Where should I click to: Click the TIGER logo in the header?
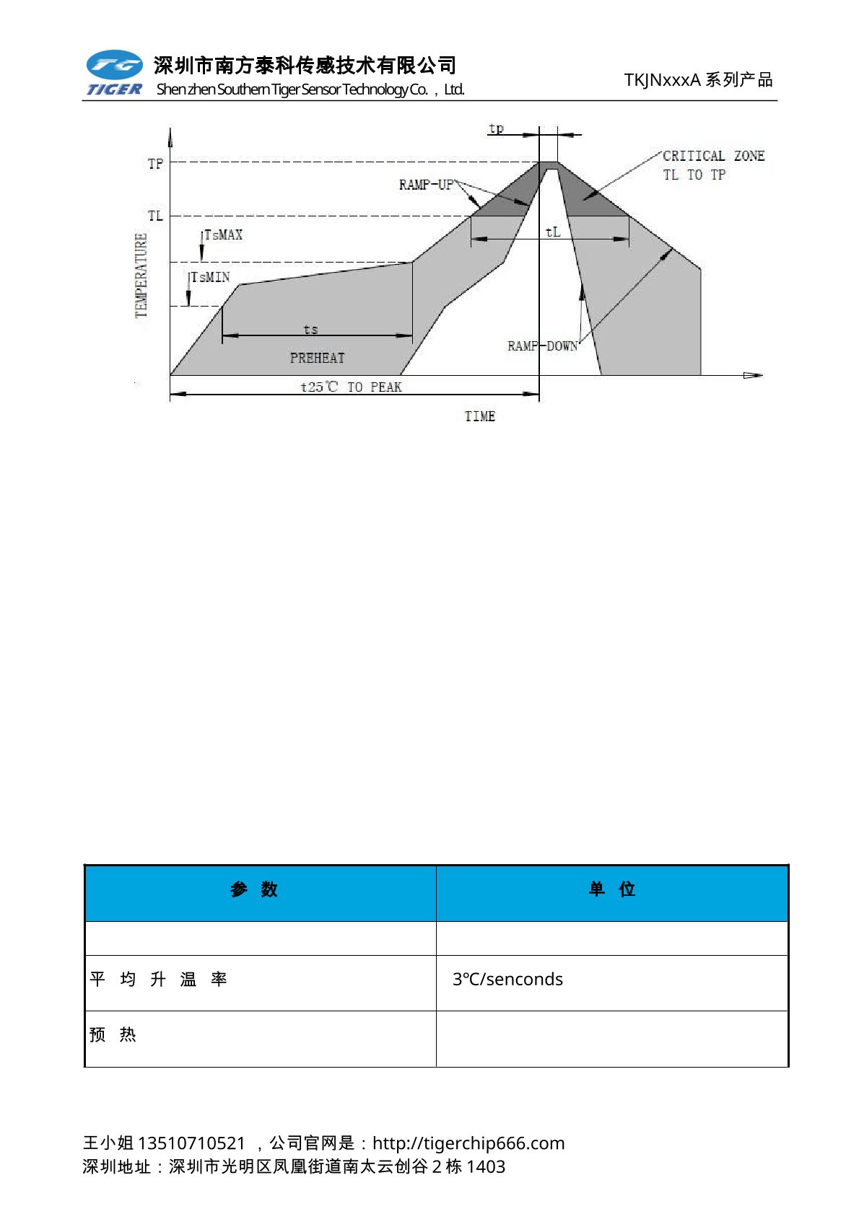pyautogui.click(x=114, y=73)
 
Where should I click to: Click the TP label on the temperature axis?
pyautogui.click(x=155, y=164)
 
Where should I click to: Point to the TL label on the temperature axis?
pyautogui.click(x=155, y=216)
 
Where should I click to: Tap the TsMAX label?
pyautogui.click(x=223, y=235)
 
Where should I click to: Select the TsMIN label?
pyautogui.click(x=210, y=278)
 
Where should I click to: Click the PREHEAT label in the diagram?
pyautogui.click(x=317, y=358)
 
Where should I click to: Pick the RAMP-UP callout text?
pyautogui.click(x=426, y=185)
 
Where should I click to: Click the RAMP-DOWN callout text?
pyautogui.click(x=542, y=346)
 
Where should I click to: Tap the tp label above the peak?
pyautogui.click(x=496, y=128)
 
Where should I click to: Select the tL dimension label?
pyautogui.click(x=553, y=232)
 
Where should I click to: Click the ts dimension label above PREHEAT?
pyautogui.click(x=310, y=330)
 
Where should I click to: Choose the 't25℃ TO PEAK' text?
pyautogui.click(x=351, y=387)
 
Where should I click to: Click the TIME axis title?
pyautogui.click(x=479, y=416)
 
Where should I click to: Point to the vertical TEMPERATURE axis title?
pyautogui.click(x=141, y=275)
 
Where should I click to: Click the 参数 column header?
pyautogui.click(x=253, y=889)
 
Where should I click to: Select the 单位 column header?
pyautogui.click(x=611, y=889)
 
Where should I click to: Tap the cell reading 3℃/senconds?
pyautogui.click(x=507, y=979)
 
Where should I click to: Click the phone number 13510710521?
pyautogui.click(x=191, y=1143)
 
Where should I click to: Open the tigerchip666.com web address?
pyautogui.click(x=468, y=1143)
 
